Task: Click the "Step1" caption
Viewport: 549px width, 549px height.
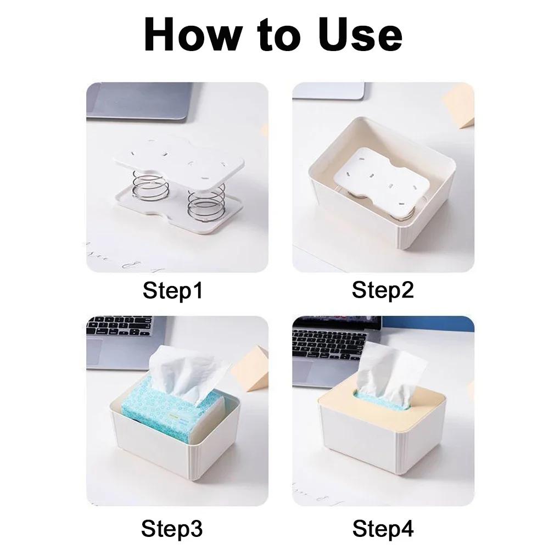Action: pyautogui.click(x=172, y=290)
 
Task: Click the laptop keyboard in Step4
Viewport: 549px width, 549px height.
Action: pyautogui.click(x=329, y=343)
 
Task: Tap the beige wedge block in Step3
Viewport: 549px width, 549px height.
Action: pyautogui.click(x=256, y=368)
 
